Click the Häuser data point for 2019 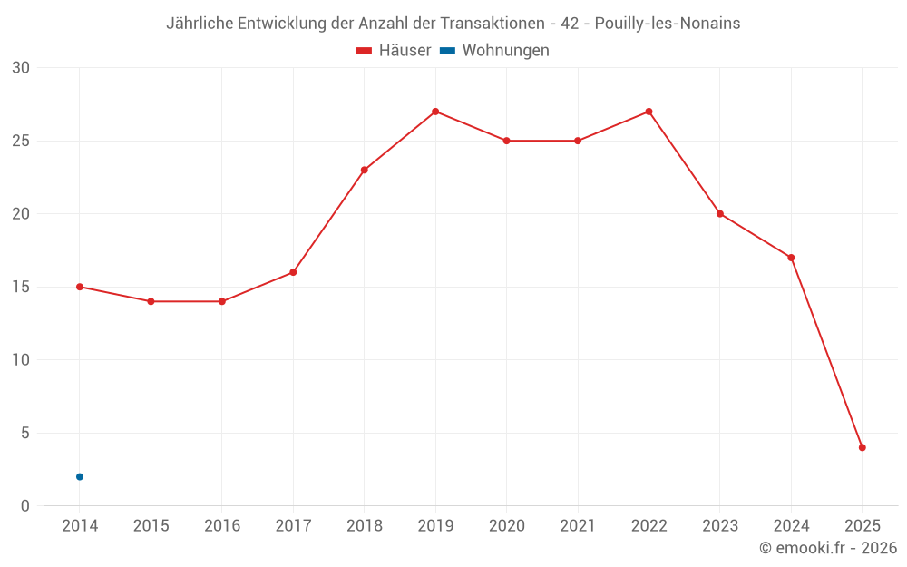[x=435, y=112]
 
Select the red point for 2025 [x=863, y=447]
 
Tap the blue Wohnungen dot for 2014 [x=80, y=476]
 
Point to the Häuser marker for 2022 [x=649, y=112]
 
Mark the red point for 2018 [x=365, y=170]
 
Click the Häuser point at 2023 [x=720, y=214]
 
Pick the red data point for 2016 [x=222, y=301]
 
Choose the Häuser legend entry [x=394, y=51]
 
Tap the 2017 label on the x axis [x=293, y=525]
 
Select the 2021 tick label [x=578, y=525]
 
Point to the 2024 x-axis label [x=791, y=525]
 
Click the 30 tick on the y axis [x=21, y=68]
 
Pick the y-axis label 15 [x=21, y=287]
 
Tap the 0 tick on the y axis [x=25, y=505]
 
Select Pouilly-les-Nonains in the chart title [x=668, y=24]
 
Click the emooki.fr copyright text [x=828, y=548]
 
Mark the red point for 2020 [x=507, y=141]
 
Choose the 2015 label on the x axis [x=151, y=525]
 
